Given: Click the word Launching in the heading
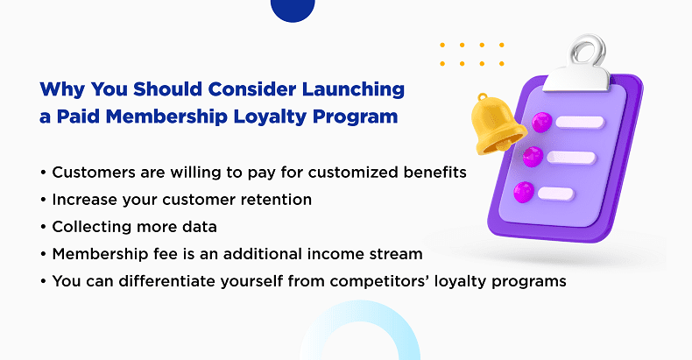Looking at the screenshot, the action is tap(353, 90).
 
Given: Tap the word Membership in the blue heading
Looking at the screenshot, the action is tap(166, 116).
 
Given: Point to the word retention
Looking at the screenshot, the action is tap(276, 200).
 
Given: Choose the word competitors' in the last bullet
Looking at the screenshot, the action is tap(380, 282).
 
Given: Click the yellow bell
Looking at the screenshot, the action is tap(497, 125).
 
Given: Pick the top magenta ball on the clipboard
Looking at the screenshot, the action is tap(542, 122).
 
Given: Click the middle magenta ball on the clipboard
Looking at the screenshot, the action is tap(533, 157).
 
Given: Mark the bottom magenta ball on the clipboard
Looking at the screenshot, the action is tap(524, 193).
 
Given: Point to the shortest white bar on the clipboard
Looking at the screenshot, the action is tap(555, 194).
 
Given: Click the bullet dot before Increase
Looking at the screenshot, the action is tap(43, 201).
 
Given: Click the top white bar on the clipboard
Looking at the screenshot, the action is tap(580, 123).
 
